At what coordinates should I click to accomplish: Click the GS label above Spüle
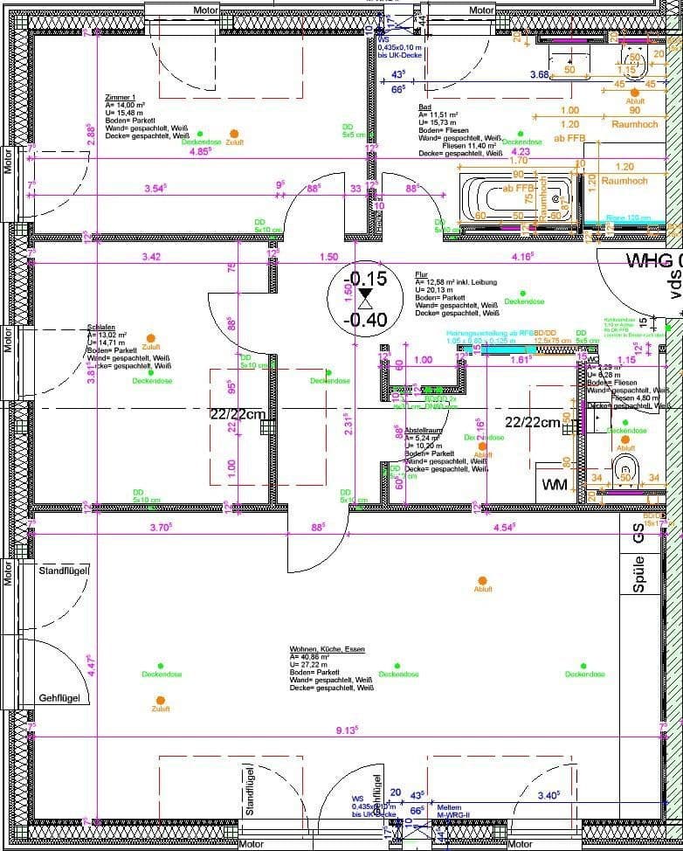638,536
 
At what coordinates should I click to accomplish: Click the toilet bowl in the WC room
625,471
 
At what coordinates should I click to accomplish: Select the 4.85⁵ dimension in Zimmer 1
200,151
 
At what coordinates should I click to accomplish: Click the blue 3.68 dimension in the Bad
540,75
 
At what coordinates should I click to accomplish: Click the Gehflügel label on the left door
59,698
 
